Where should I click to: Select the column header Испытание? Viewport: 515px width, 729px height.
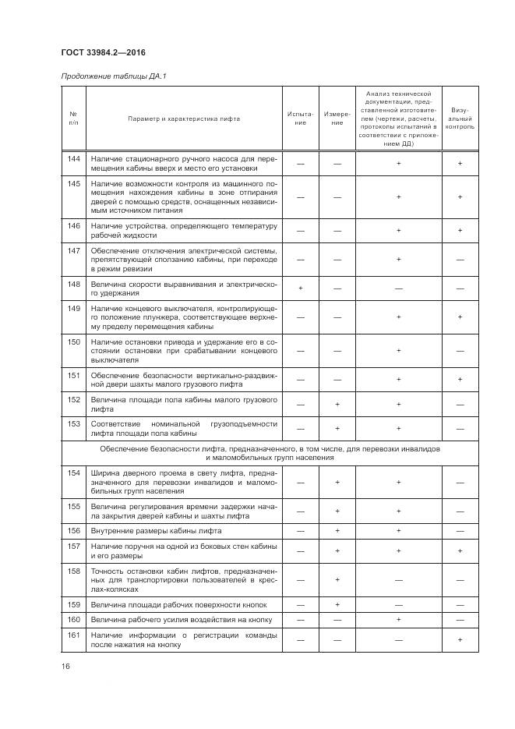pyautogui.click(x=301, y=119)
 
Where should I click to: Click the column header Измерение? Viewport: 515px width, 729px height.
pyautogui.click(x=337, y=119)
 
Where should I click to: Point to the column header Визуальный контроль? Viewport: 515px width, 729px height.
pyautogui.click(x=460, y=119)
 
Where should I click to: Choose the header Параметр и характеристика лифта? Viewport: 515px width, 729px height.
pyautogui.click(x=185, y=119)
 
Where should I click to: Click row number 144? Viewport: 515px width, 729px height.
pyautogui.click(x=74, y=159)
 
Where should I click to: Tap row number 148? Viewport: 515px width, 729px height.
pyautogui.click(x=74, y=284)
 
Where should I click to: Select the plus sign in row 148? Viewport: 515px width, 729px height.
pyautogui.click(x=301, y=288)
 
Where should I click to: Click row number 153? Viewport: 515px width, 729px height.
pyautogui.click(x=74, y=423)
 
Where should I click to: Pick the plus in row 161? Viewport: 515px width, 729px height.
pyautogui.click(x=460, y=640)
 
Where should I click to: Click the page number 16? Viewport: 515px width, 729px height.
pyautogui.click(x=65, y=666)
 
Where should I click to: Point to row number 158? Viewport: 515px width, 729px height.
pyautogui.click(x=74, y=572)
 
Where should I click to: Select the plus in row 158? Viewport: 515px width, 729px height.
pyautogui.click(x=337, y=580)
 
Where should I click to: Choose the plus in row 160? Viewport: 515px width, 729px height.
pyautogui.click(x=398, y=620)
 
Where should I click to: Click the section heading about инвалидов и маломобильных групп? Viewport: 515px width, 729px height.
pyautogui.click(x=270, y=454)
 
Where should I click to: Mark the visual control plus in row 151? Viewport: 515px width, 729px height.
pyautogui.click(x=460, y=379)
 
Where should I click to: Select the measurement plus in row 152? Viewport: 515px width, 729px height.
pyautogui.click(x=337, y=404)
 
